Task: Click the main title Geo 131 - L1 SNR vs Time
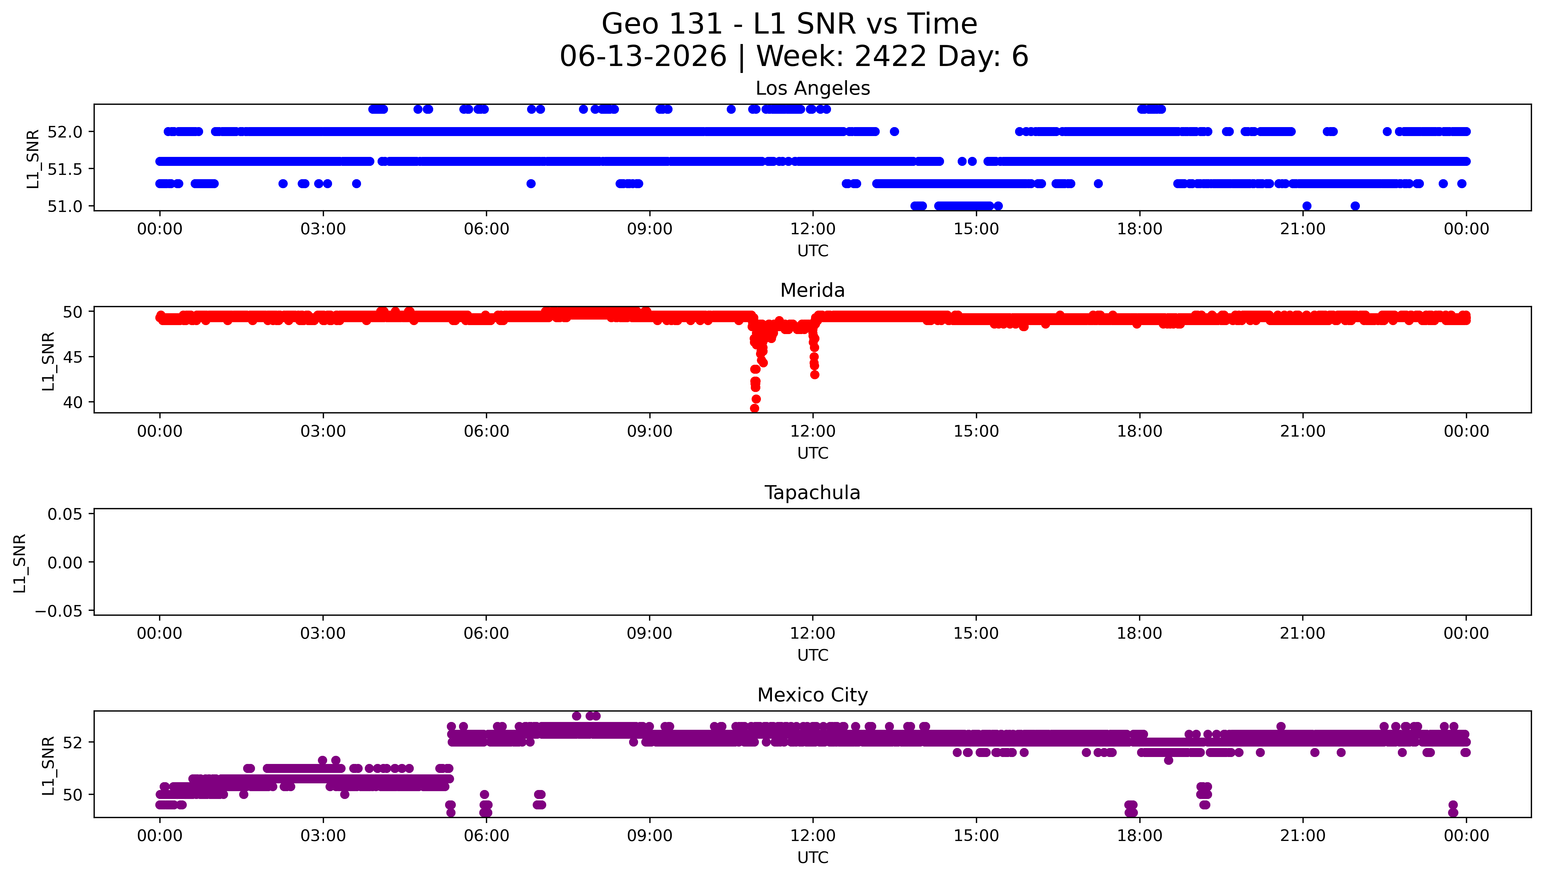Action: pos(789,24)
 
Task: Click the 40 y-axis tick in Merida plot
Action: pos(72,402)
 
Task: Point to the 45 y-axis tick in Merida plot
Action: pos(72,357)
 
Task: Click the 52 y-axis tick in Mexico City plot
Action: pos(72,742)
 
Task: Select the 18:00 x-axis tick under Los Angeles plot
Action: pos(1139,229)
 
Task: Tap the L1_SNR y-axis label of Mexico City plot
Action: pos(48,765)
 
